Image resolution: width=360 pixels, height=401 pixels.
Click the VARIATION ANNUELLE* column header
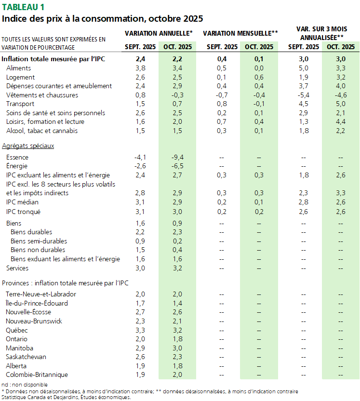coord(159,33)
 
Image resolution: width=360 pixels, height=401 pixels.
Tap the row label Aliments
coord(19,68)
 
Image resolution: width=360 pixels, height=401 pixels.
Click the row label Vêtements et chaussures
coord(42,95)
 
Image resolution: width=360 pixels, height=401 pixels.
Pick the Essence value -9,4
coord(177,157)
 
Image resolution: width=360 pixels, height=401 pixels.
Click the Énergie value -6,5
coord(177,166)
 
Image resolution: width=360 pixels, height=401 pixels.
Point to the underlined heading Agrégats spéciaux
coord(28,145)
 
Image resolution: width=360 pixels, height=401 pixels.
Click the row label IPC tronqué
coord(23,211)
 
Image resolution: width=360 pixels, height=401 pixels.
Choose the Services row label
coord(17,268)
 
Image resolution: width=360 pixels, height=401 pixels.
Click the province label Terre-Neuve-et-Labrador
coord(40,294)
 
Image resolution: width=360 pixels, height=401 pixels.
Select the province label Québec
coord(17,330)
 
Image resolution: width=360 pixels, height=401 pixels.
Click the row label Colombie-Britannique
coord(37,374)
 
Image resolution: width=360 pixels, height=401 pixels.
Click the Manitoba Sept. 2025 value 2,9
coord(141,348)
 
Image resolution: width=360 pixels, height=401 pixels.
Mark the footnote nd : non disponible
coord(25,384)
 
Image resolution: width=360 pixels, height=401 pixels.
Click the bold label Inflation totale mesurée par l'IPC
coord(53,59)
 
